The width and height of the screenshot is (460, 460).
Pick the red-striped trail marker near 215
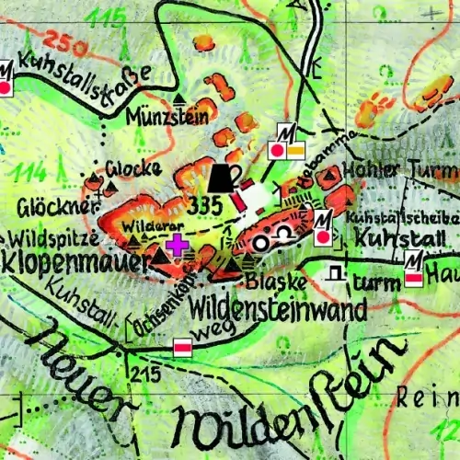click(183, 347)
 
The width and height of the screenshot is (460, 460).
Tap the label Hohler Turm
click(399, 169)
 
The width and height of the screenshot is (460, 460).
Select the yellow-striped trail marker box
click(296, 149)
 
